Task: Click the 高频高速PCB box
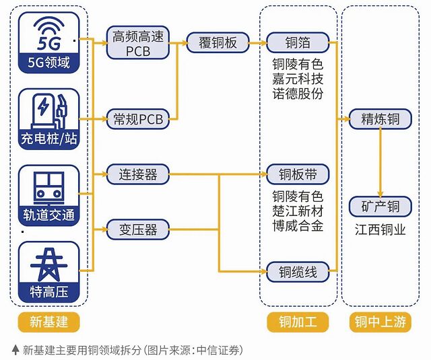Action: pyautogui.click(x=138, y=43)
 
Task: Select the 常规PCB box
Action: pyautogui.click(x=138, y=120)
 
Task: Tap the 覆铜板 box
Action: pyautogui.click(x=218, y=43)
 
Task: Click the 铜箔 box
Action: pyautogui.click(x=298, y=43)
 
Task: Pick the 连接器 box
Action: pyautogui.click(x=137, y=174)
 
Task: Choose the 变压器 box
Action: pyautogui.click(x=137, y=229)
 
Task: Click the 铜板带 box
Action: pyautogui.click(x=298, y=174)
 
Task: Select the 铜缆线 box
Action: pyautogui.click(x=298, y=272)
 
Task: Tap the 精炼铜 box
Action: pyautogui.click(x=380, y=120)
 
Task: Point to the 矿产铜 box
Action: pyautogui.click(x=380, y=206)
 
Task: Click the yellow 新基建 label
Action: pyautogui.click(x=49, y=322)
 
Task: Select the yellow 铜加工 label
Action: pyautogui.click(x=298, y=322)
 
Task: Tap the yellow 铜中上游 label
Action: pyautogui.click(x=380, y=322)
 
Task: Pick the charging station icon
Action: pyautogui.click(x=49, y=110)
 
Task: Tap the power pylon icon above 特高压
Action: pyautogui.click(x=49, y=264)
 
